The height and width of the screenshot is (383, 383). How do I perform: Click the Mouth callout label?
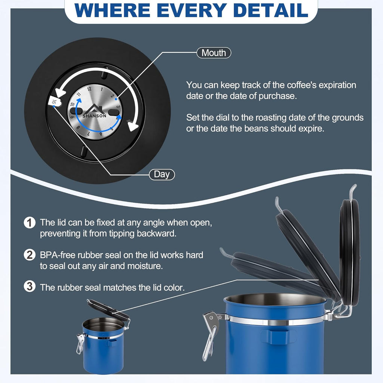coord(214,53)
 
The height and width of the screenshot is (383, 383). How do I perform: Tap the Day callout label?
coord(162,174)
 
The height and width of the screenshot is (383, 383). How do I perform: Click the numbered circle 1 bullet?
coord(30,223)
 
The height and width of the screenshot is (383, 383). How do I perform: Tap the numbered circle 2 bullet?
coord(30,255)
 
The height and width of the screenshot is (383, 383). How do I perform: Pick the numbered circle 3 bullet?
coord(30,286)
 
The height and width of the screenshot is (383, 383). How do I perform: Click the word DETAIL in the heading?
coord(271,10)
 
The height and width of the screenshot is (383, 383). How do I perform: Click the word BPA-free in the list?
coord(58,255)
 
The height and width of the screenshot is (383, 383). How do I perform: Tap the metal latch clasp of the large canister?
coord(210,335)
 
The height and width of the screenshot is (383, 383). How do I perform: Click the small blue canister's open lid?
coord(108,310)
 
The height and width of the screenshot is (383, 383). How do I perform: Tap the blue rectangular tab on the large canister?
coord(278,337)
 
